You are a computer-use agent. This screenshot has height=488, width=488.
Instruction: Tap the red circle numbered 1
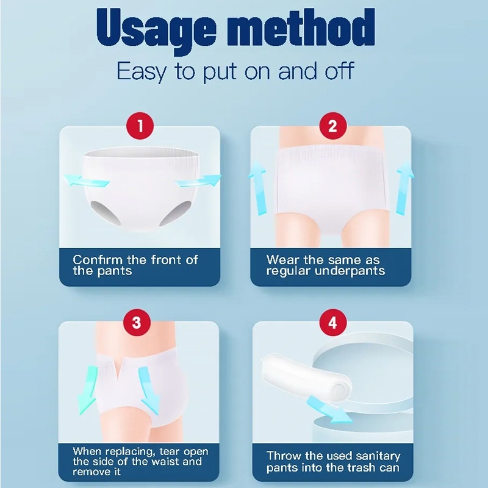(x=140, y=126)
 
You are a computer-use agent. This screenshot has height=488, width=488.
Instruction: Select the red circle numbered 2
(x=332, y=126)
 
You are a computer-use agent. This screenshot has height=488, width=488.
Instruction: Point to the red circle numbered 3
(x=137, y=322)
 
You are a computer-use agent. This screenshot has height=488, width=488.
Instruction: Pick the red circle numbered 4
(x=333, y=322)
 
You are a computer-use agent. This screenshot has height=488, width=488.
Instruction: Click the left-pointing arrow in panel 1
(x=86, y=181)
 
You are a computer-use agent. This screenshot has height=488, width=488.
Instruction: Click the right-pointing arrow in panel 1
(x=198, y=181)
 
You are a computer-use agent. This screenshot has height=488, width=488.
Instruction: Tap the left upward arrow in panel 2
(x=258, y=188)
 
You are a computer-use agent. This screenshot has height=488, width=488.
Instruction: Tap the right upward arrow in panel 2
(x=404, y=188)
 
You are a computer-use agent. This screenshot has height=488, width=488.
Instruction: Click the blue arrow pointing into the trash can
(x=329, y=409)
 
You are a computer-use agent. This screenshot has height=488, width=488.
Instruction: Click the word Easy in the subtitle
(x=142, y=71)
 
